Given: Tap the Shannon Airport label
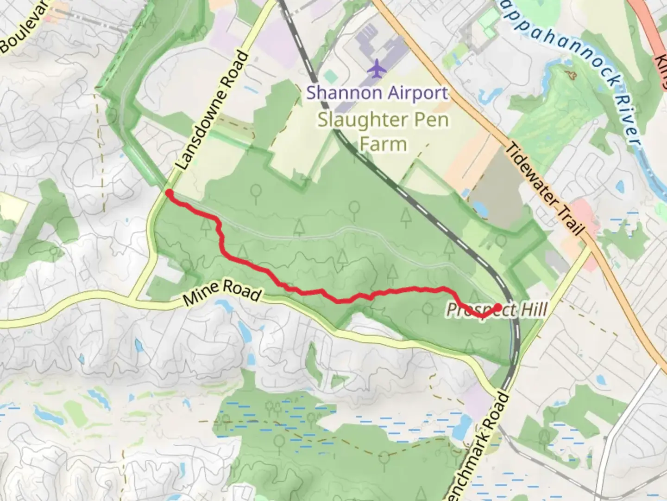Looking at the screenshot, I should click(x=377, y=93).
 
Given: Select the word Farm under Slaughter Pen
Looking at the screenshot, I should click(x=383, y=144).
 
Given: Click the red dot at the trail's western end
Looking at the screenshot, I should click(x=170, y=193).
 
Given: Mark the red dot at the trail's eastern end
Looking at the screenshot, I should click(x=498, y=307).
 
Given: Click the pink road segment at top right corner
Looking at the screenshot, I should click(x=651, y=28).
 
